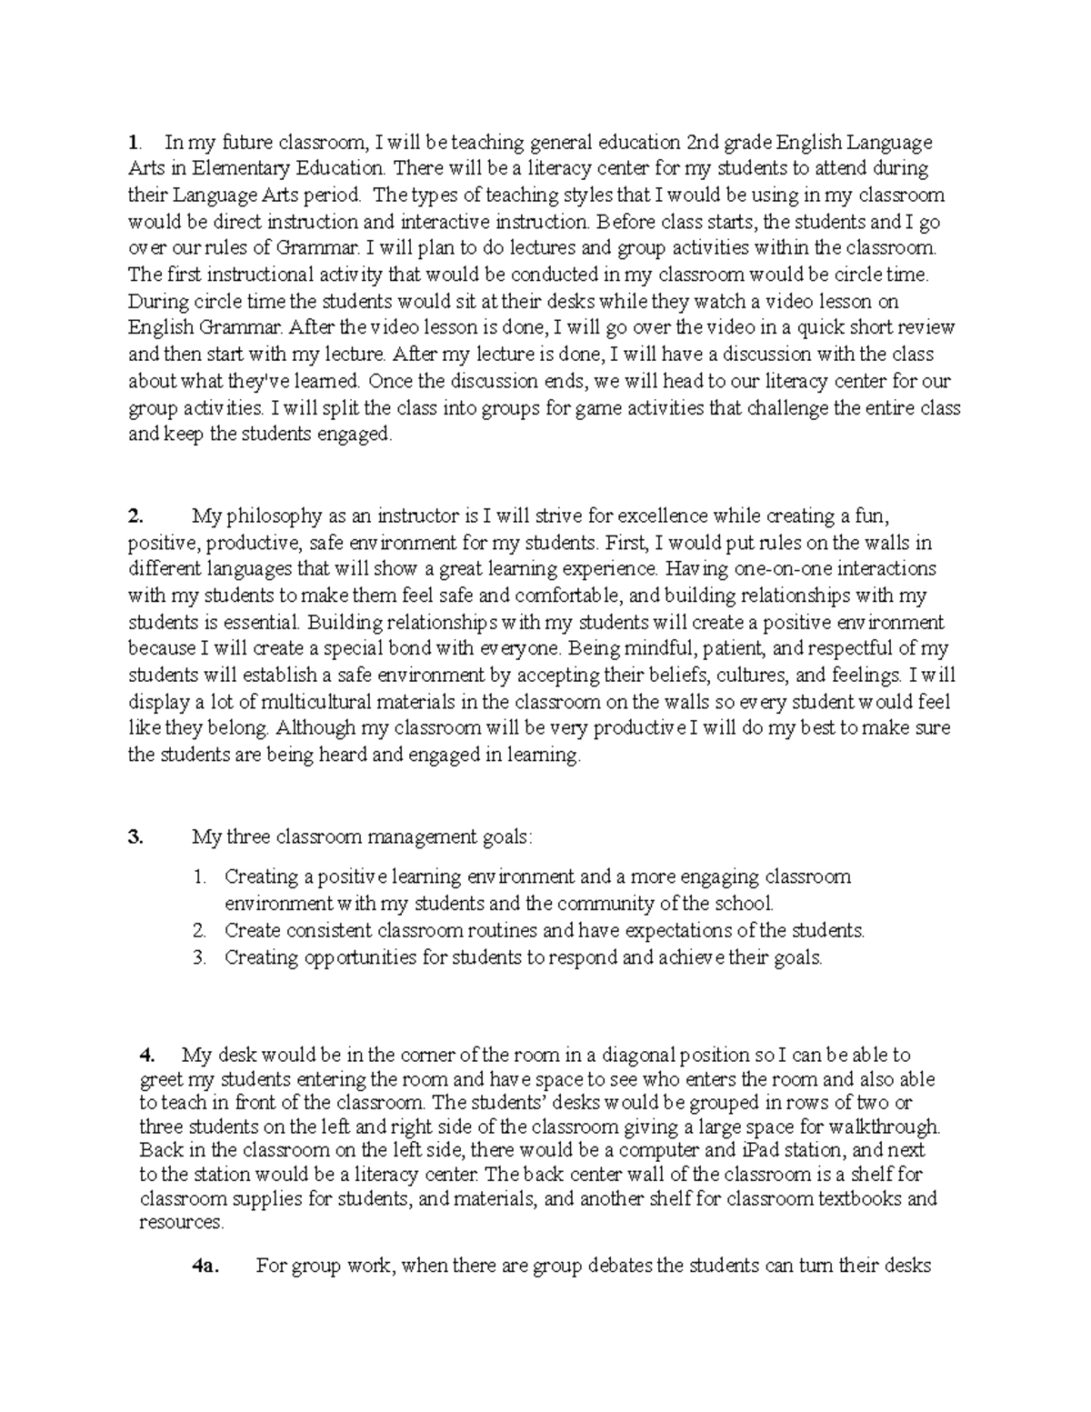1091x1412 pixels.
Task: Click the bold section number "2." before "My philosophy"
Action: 135,516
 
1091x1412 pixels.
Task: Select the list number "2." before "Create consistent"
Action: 200,931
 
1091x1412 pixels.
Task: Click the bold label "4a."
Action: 205,1266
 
